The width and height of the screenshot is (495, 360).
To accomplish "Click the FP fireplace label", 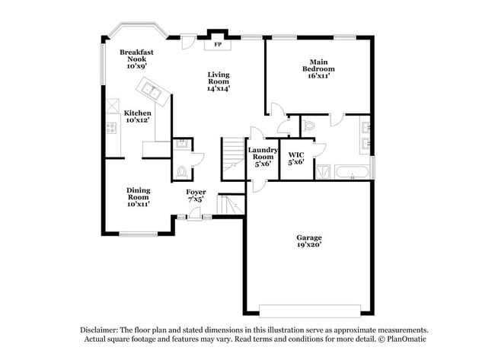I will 217,43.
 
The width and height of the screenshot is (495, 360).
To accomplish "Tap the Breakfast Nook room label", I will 137,59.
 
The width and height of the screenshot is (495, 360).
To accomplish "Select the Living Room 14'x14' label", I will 219,81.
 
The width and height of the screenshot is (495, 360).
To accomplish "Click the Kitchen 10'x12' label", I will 137,116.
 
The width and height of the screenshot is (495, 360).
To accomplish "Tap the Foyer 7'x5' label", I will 196,196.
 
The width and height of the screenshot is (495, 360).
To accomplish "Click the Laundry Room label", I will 263,156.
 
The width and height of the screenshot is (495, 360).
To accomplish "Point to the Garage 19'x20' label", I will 308,241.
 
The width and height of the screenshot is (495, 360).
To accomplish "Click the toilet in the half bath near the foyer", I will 181,170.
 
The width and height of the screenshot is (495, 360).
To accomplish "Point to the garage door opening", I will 308,311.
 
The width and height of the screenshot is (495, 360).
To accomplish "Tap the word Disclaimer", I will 101,330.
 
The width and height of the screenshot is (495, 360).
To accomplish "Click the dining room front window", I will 137,233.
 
